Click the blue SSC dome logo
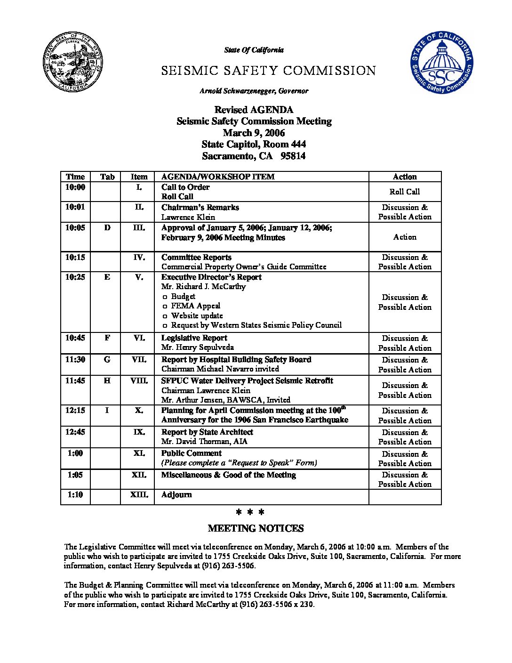click(x=442, y=63)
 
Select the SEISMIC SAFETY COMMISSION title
click(x=268, y=71)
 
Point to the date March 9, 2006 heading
click(x=254, y=133)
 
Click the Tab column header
click(x=107, y=177)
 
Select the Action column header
click(x=405, y=177)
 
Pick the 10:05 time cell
click(x=75, y=228)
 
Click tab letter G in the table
click(x=107, y=360)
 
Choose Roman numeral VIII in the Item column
click(x=139, y=381)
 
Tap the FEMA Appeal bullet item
click(x=195, y=306)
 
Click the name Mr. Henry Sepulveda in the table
click(x=197, y=348)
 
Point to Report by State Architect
click(x=207, y=432)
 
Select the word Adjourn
click(x=176, y=495)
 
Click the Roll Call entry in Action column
click(x=405, y=192)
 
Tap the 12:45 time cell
click(x=75, y=432)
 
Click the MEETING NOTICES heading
click(x=256, y=528)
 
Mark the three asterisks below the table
click(x=250, y=512)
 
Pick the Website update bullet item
click(x=197, y=315)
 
